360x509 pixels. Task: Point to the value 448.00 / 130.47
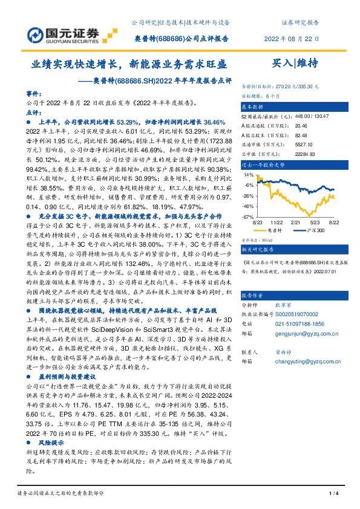(309, 115)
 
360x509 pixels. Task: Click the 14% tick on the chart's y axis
(250, 175)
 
